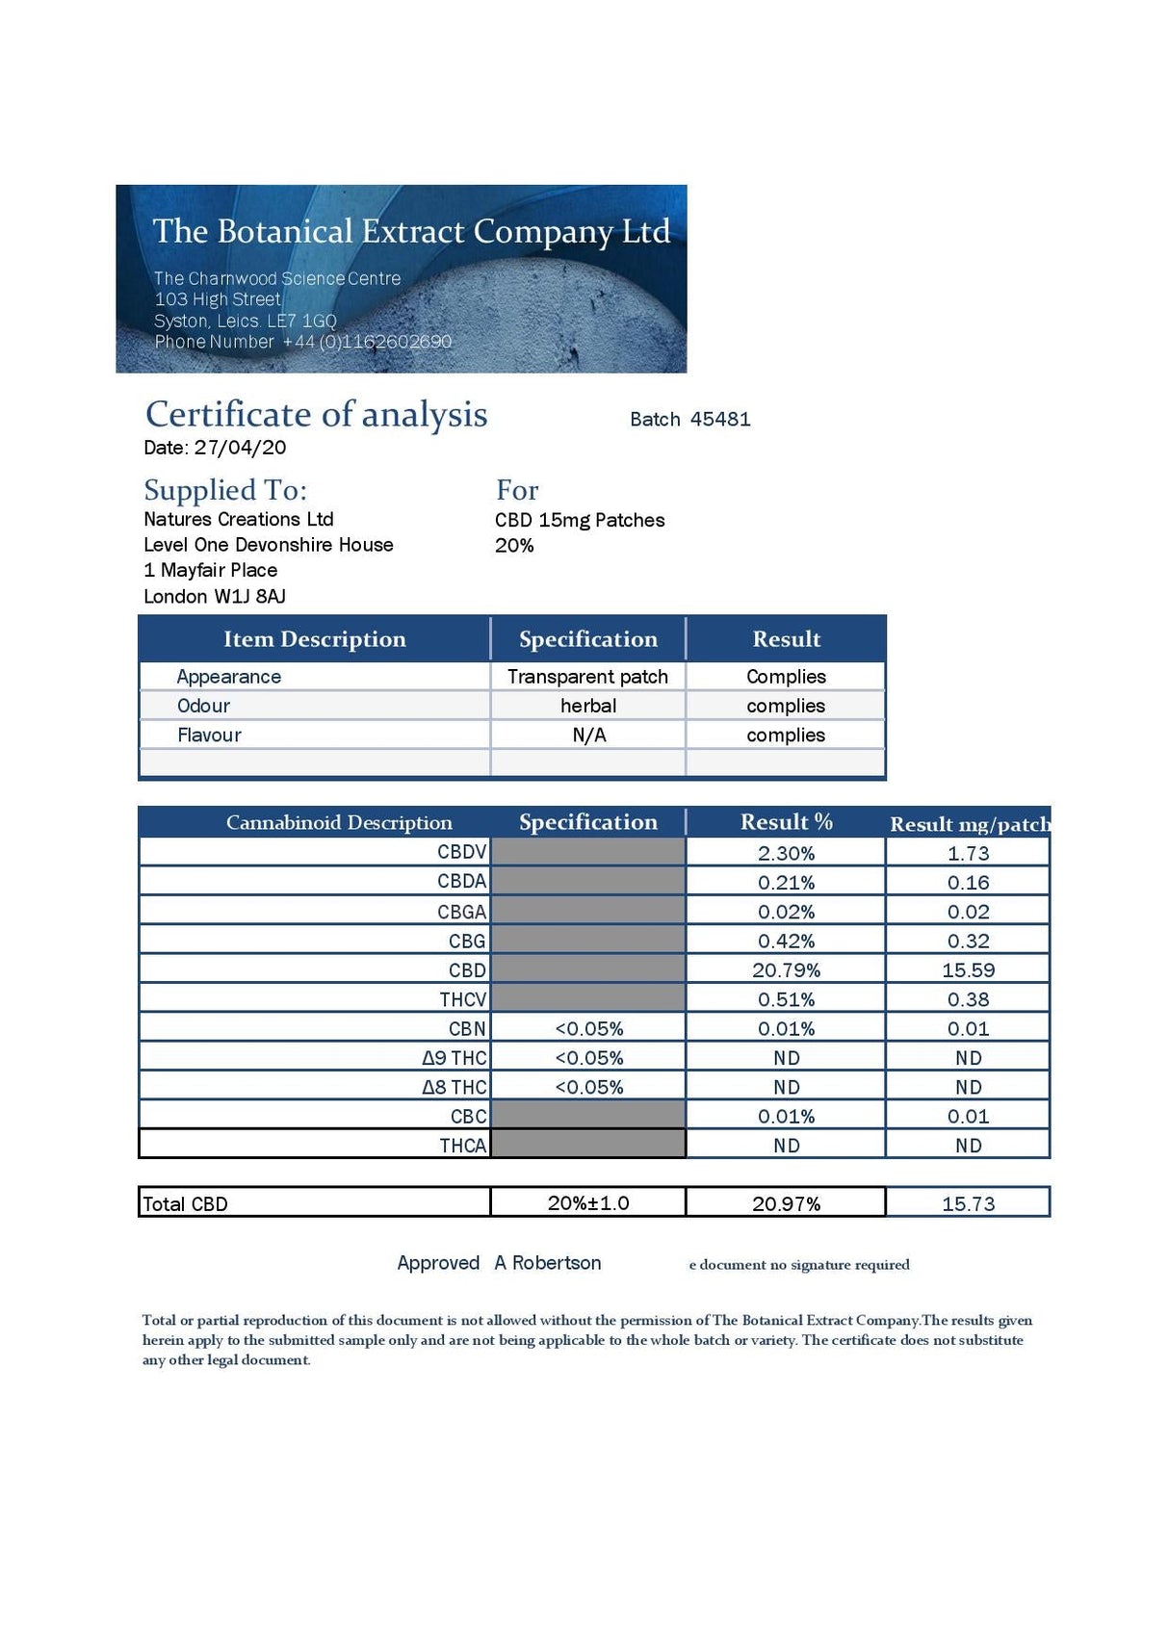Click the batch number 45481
click(720, 419)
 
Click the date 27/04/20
click(240, 447)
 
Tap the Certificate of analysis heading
click(316, 414)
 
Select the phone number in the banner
click(366, 342)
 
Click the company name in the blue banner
click(411, 232)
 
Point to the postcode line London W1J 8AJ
click(215, 596)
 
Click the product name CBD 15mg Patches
click(580, 520)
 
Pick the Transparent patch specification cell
click(587, 677)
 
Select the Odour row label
click(204, 706)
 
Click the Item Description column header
click(314, 639)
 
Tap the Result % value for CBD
click(786, 970)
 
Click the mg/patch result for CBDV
click(968, 853)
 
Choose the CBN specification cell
click(588, 1029)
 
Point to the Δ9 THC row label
click(455, 1058)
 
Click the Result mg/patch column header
click(969, 824)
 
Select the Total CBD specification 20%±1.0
click(587, 1202)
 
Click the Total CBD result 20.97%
click(786, 1203)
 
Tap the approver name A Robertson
click(548, 1263)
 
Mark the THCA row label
click(462, 1146)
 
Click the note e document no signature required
click(799, 1265)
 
